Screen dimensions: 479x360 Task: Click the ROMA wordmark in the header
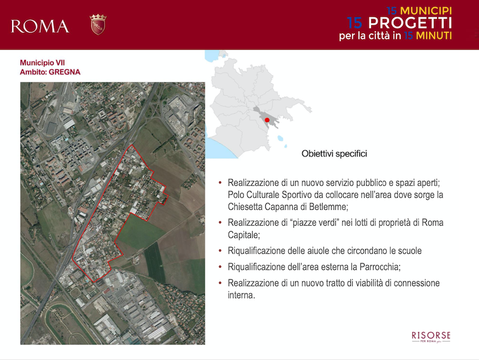(x=40, y=26)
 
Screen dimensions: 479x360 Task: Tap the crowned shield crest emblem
(x=98, y=24)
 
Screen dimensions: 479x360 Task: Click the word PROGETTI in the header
(x=410, y=23)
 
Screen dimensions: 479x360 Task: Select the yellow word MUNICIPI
(x=426, y=11)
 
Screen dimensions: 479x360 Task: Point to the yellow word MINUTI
(x=433, y=36)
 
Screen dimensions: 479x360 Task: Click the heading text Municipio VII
(x=42, y=63)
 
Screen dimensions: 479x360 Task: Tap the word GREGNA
(x=65, y=72)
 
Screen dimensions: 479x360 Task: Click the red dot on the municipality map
(x=267, y=120)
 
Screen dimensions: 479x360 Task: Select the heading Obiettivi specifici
(x=334, y=153)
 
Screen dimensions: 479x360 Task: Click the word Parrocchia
(x=380, y=267)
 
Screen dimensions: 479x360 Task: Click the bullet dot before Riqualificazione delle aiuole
(x=220, y=250)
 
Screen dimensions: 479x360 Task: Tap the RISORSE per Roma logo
(x=431, y=337)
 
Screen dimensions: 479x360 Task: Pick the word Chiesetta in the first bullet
(x=245, y=207)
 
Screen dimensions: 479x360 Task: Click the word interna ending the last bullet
(x=241, y=295)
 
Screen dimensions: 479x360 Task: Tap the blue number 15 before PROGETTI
(x=354, y=23)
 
